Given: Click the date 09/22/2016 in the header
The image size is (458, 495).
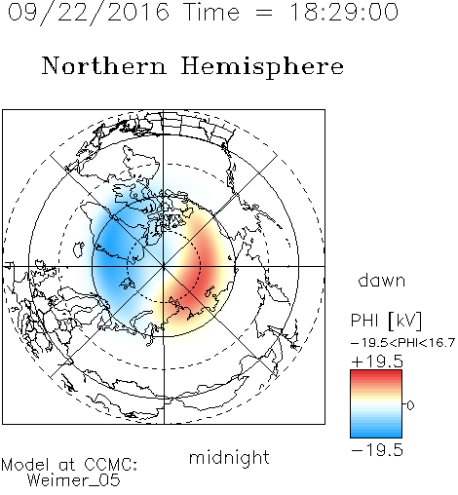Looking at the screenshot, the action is point(89,13).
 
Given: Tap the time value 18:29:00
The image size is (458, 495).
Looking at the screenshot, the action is point(344,12).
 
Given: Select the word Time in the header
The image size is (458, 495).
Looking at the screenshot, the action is point(211,12).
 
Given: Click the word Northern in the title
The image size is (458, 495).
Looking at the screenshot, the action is point(104,66).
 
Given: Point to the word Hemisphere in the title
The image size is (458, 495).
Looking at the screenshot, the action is point(262,67).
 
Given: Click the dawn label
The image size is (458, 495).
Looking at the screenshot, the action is point(382,280).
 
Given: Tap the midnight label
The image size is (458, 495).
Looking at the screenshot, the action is point(229,457).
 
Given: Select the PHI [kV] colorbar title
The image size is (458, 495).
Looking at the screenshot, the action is point(386,321).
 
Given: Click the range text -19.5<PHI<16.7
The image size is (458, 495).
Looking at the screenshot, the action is point(402,343).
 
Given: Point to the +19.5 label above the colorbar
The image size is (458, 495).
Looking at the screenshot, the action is point(377,362).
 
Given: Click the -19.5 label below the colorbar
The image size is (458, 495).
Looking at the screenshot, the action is point(377,450).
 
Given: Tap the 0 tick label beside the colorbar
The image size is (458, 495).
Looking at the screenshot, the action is point(410,405).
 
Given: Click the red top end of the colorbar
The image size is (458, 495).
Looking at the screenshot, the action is point(376,372).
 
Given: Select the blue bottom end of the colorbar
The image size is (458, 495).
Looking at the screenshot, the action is point(376,435).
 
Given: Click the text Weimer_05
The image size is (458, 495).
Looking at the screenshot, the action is point(74,479).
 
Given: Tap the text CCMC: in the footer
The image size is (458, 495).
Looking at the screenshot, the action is point(111,465).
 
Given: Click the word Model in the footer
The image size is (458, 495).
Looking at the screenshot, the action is point(25,465).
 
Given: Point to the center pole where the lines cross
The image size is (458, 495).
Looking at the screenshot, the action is point(164,266).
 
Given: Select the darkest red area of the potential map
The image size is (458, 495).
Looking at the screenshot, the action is point(199,273).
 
